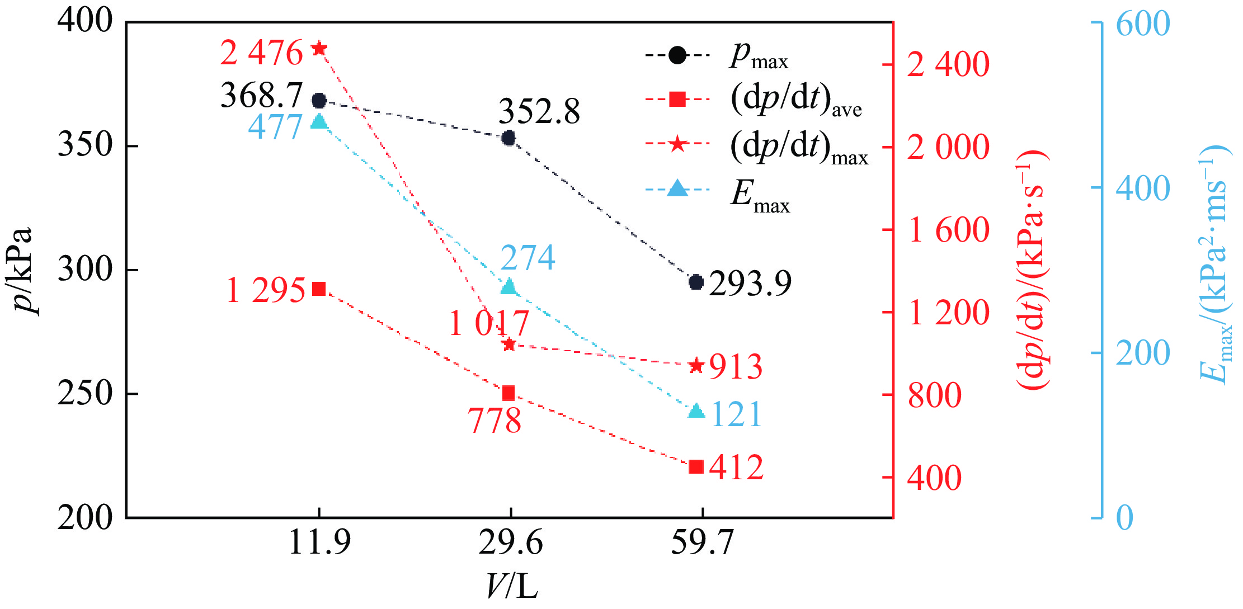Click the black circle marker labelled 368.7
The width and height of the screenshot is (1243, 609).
(x=319, y=101)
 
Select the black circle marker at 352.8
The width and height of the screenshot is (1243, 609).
(x=509, y=138)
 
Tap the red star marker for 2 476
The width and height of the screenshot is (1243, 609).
(x=319, y=49)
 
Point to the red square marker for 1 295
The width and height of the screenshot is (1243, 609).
(x=319, y=289)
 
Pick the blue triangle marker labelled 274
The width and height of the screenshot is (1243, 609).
(x=509, y=287)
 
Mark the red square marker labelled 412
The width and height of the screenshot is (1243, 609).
(x=696, y=466)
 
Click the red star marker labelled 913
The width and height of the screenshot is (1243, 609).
(x=696, y=366)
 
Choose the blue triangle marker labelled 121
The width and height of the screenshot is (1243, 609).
(x=696, y=411)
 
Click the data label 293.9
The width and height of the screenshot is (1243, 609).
(x=750, y=283)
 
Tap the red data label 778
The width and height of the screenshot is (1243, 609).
(x=495, y=421)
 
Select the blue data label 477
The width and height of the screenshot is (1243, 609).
(x=275, y=127)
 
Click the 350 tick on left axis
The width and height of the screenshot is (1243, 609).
(x=85, y=145)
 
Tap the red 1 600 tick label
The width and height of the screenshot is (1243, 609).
(x=949, y=230)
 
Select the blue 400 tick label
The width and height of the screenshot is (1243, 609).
(x=1142, y=188)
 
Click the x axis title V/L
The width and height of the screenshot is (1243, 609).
(x=511, y=587)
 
